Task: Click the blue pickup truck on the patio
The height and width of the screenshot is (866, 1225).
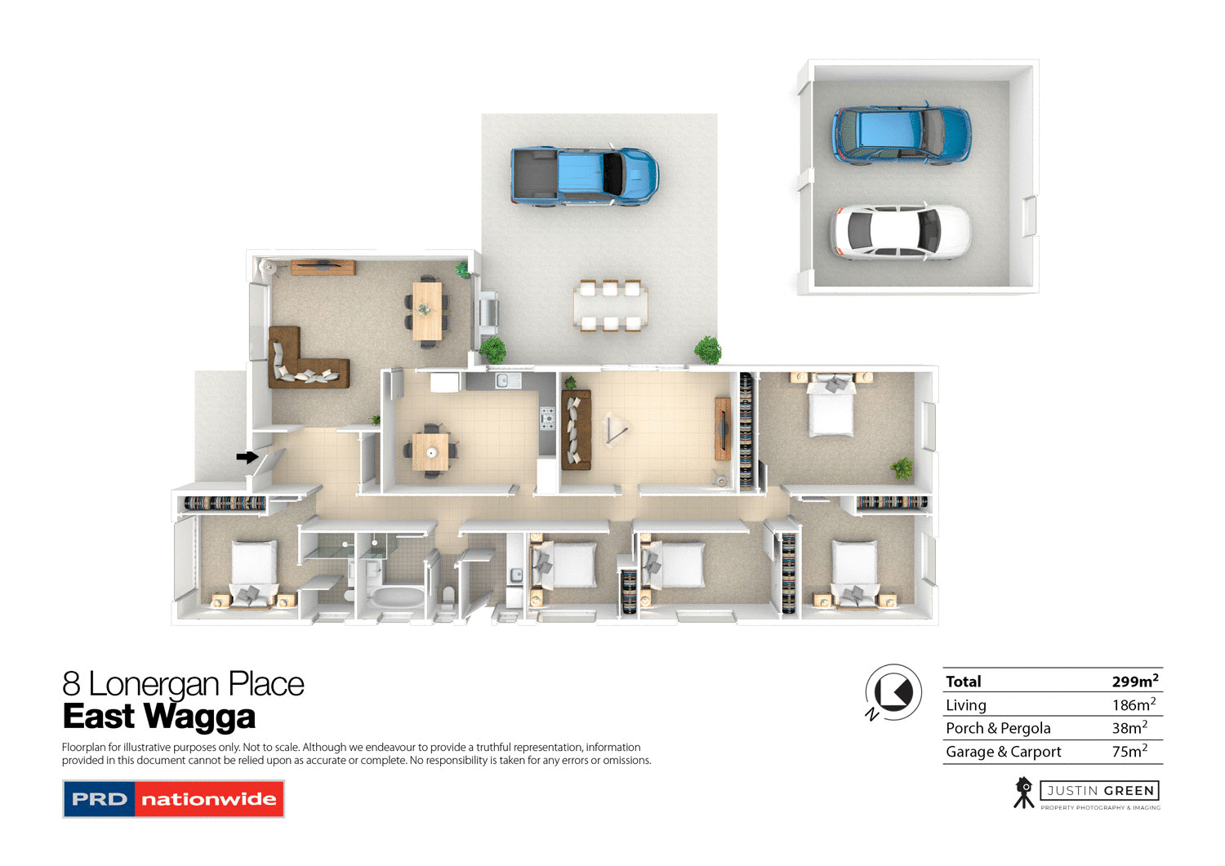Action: pyautogui.click(x=584, y=175)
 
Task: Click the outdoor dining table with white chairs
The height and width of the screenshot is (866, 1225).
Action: pyautogui.click(x=610, y=306)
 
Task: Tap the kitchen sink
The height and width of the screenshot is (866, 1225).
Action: pyautogui.click(x=503, y=380)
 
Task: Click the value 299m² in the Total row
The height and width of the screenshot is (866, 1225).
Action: pyautogui.click(x=1134, y=681)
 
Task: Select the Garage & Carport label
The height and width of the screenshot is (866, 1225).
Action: pyautogui.click(x=1003, y=752)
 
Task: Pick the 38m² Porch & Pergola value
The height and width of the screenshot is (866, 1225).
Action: pyautogui.click(x=1129, y=727)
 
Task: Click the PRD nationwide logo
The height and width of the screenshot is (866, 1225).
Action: pyautogui.click(x=173, y=799)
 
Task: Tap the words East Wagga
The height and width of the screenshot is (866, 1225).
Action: pyautogui.click(x=159, y=717)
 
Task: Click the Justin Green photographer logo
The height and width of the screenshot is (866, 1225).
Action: pyautogui.click(x=1087, y=793)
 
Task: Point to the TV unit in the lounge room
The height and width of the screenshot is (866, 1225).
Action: pyautogui.click(x=323, y=267)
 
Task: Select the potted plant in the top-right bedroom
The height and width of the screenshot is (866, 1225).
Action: pyautogui.click(x=902, y=468)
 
